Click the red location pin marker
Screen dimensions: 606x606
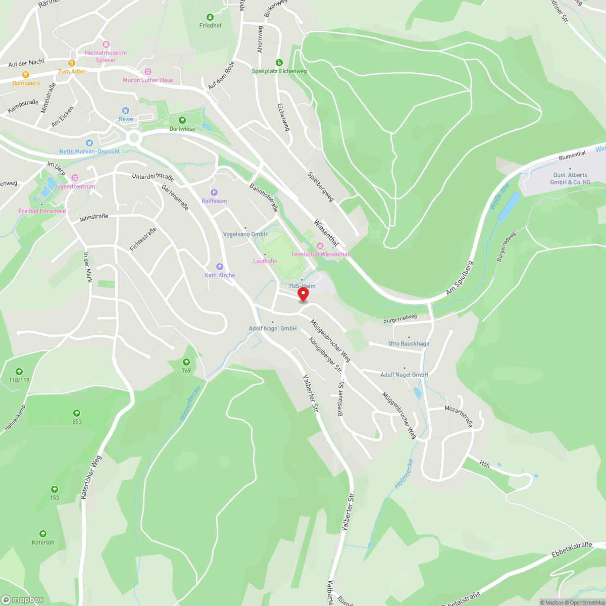click(303, 294)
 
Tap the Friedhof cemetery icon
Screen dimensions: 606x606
click(210, 18)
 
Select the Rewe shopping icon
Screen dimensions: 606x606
click(126, 111)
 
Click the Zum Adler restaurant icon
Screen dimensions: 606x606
click(72, 63)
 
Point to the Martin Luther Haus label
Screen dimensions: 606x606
click(148, 80)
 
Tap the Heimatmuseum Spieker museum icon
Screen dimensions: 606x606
click(106, 45)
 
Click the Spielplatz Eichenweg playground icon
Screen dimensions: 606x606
click(279, 63)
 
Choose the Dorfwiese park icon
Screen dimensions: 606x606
click(182, 120)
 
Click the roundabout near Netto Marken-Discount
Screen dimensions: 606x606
click(134, 137)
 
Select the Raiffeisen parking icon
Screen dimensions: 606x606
click(214, 192)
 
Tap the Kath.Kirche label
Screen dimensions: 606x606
click(220, 275)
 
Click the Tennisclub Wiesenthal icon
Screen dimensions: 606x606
click(319, 246)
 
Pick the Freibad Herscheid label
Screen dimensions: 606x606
click(42, 211)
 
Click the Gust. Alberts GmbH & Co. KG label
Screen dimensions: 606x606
click(570, 179)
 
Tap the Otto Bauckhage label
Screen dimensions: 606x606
click(409, 343)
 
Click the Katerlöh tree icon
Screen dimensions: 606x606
click(43, 534)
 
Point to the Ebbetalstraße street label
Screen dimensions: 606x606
click(572, 550)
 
